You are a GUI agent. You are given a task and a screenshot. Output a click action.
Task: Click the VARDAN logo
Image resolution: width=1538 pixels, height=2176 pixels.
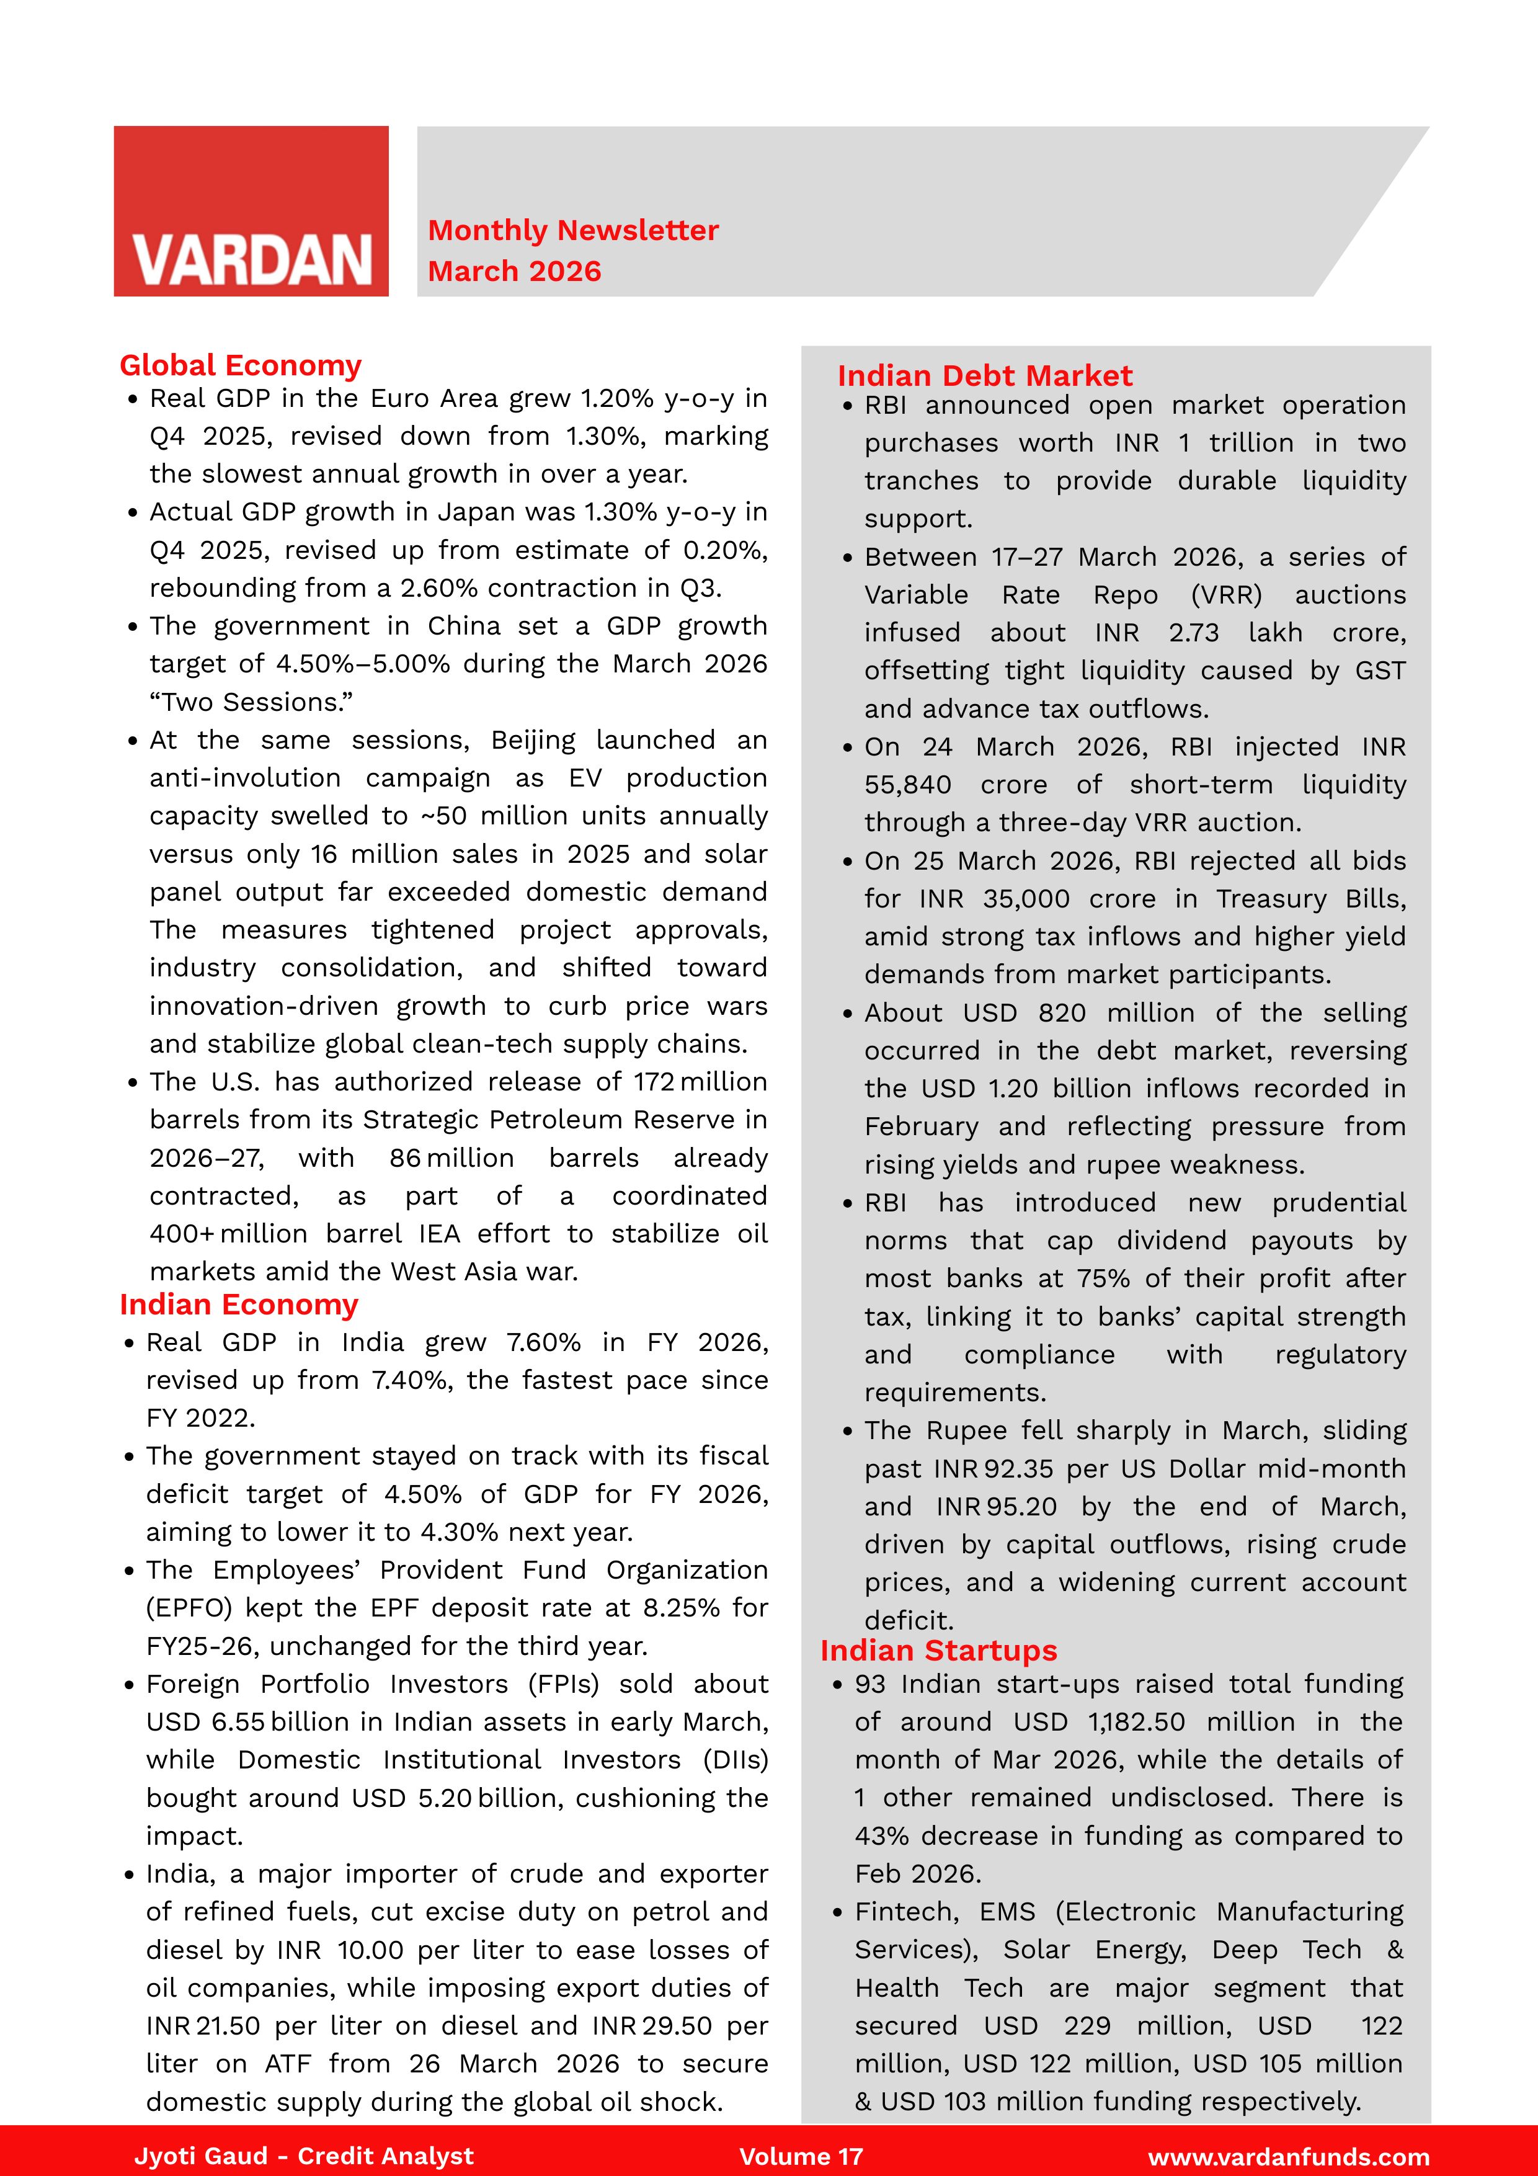251,212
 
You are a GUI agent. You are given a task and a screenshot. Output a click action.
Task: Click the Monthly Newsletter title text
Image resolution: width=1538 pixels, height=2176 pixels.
572,230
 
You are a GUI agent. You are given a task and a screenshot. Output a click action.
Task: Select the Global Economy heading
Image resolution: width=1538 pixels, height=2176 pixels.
241,365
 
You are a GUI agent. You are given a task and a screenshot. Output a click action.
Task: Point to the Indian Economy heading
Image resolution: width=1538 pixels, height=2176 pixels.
239,1304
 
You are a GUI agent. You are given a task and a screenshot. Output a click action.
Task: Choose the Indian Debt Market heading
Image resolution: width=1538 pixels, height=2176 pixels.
985,375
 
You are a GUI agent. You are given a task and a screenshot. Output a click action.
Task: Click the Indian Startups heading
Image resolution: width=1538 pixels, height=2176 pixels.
938,1650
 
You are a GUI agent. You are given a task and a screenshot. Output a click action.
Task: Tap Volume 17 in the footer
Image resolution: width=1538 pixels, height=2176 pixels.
801,2156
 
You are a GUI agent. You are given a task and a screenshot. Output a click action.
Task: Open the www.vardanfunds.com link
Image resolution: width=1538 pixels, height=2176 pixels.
1288,2157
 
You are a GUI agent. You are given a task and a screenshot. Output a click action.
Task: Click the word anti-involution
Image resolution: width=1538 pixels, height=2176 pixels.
244,778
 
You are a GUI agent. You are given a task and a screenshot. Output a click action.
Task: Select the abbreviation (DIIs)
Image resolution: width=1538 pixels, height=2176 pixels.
736,1759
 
